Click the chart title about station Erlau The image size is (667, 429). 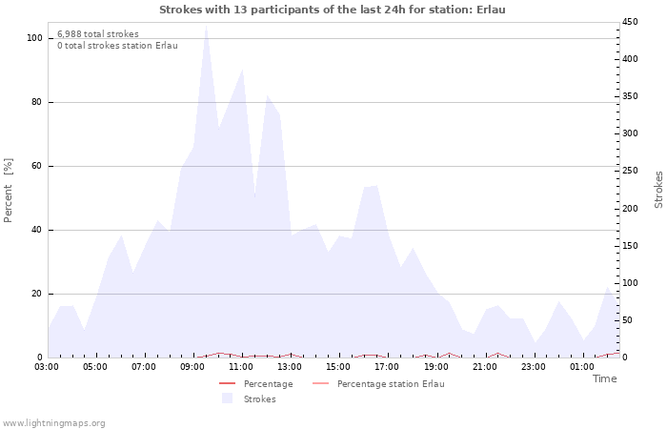[x=333, y=10]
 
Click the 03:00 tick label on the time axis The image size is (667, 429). [x=47, y=366]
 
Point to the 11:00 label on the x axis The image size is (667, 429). [x=241, y=366]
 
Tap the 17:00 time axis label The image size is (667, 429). [x=387, y=366]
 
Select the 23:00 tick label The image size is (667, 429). [x=533, y=366]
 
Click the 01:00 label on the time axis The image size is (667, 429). [x=581, y=366]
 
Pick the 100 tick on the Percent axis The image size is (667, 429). [x=34, y=38]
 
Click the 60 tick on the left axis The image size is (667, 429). [x=37, y=166]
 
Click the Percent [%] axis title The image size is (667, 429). [x=9, y=191]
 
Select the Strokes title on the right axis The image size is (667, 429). [x=658, y=190]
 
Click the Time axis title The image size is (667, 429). [x=605, y=378]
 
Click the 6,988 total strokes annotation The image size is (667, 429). [x=98, y=34]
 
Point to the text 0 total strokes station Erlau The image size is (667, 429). [x=117, y=46]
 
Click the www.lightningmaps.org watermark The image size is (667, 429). [x=54, y=422]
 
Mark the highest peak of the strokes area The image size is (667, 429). [x=206, y=26]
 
